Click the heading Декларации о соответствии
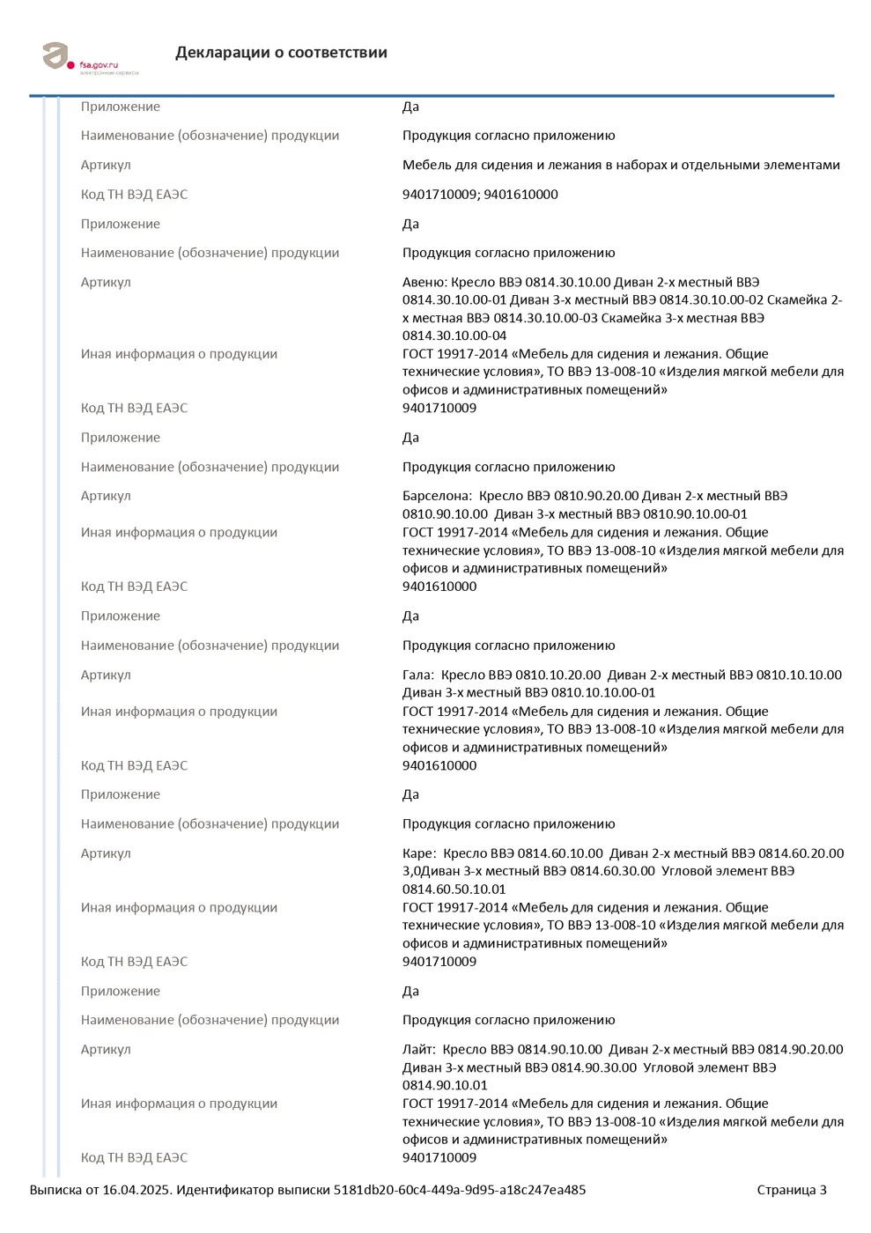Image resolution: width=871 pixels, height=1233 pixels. point(281,53)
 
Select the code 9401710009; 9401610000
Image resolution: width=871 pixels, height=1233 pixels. point(480,195)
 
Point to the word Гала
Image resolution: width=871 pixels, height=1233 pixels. point(417,676)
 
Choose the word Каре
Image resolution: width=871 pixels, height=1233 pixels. point(417,853)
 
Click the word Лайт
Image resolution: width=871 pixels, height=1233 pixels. point(417,1050)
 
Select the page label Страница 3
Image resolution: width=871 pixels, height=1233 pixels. point(792,1191)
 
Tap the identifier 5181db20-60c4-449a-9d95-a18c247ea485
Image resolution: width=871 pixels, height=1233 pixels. point(460,1191)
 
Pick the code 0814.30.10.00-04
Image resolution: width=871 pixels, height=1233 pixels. point(454,336)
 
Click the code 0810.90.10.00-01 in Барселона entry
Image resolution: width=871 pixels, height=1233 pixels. point(695,514)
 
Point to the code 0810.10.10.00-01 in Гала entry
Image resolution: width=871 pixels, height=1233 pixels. point(603,693)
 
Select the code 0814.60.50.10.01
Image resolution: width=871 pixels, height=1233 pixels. point(454,890)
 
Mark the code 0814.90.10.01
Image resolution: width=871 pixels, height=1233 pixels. point(445,1086)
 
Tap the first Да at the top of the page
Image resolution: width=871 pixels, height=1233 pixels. point(410,107)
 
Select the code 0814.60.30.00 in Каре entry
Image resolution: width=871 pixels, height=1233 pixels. point(612,871)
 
